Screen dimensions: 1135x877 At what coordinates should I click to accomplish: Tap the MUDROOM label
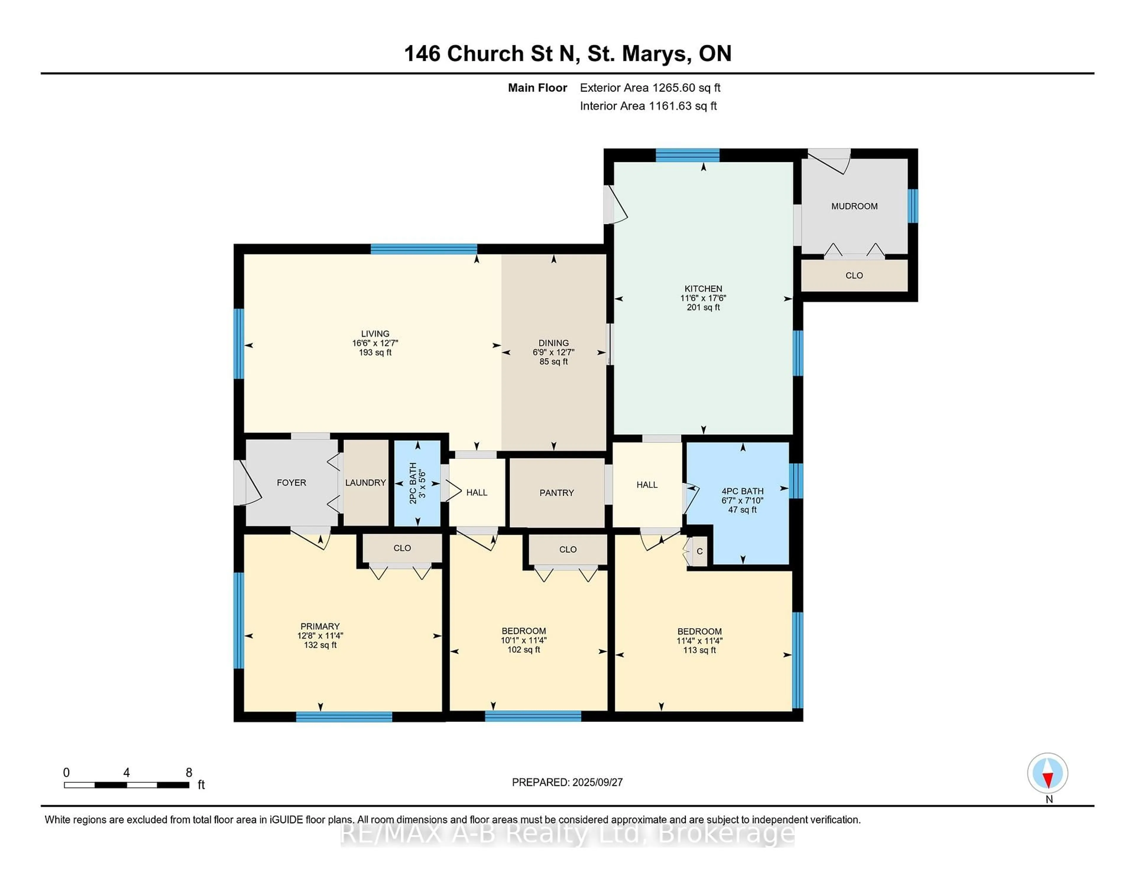click(855, 206)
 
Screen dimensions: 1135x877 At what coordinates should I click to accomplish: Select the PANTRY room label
click(557, 493)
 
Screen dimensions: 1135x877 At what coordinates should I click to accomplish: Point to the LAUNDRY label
click(365, 483)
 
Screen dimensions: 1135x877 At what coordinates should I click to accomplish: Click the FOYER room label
click(291, 483)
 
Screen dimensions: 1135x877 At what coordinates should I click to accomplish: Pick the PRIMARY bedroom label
click(320, 627)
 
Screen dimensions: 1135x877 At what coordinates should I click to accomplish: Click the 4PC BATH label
click(743, 491)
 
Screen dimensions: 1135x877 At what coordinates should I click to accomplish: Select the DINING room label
click(554, 343)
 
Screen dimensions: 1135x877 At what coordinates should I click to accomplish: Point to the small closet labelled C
click(700, 551)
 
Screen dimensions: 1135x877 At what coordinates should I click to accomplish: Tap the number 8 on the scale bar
click(189, 773)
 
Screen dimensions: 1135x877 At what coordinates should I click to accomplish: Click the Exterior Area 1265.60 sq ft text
click(650, 88)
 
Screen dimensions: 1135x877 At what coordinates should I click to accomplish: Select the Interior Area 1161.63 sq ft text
click(648, 106)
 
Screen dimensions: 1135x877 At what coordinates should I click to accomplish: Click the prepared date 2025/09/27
click(597, 782)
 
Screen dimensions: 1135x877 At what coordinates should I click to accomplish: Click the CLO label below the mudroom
click(855, 275)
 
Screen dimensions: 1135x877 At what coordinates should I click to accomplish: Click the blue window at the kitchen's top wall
click(688, 155)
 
